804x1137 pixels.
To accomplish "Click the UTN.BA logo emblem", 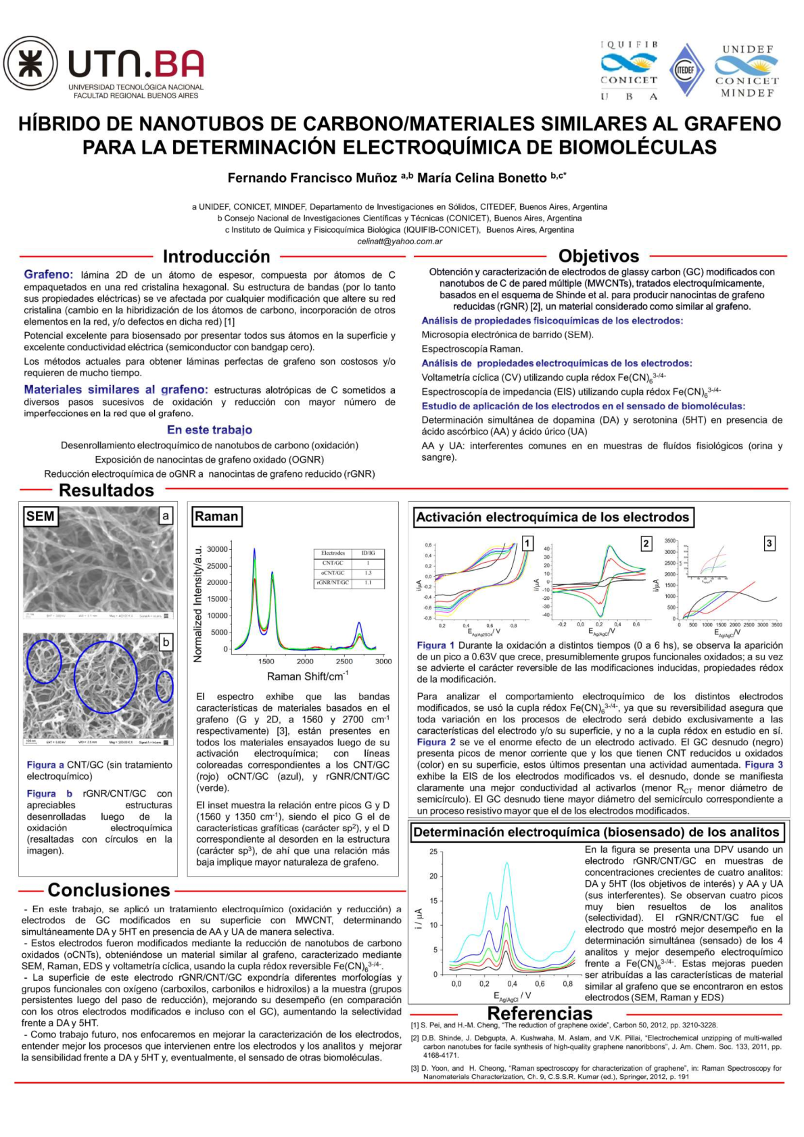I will [x=31, y=64].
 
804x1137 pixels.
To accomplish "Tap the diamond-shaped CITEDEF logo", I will [x=686, y=70].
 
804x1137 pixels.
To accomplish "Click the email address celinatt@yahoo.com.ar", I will [x=400, y=241].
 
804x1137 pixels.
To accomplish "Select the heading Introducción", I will [x=216, y=256].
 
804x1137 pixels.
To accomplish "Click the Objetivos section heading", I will [x=598, y=256].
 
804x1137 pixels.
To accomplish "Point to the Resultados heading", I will [x=106, y=490].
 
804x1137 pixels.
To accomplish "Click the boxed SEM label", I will [x=40, y=517].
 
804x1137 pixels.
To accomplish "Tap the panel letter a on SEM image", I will [x=166, y=516].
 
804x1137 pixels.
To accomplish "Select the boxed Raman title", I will [x=216, y=517].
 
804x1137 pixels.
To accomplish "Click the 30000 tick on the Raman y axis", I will [x=217, y=549].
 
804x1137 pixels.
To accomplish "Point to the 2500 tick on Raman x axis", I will [x=344, y=661].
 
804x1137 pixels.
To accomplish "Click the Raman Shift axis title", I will [x=308, y=676].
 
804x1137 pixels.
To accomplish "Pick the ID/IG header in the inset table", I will [x=369, y=553].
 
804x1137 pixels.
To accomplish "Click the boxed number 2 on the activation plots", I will [x=646, y=543].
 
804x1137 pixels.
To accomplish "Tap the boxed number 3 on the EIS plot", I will [x=769, y=543].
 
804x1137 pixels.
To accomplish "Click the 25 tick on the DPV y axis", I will [x=433, y=852].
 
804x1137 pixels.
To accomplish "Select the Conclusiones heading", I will [x=109, y=889].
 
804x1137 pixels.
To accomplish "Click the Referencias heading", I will [x=540, y=1013].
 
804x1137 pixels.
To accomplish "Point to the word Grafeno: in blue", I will [x=48, y=274].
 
